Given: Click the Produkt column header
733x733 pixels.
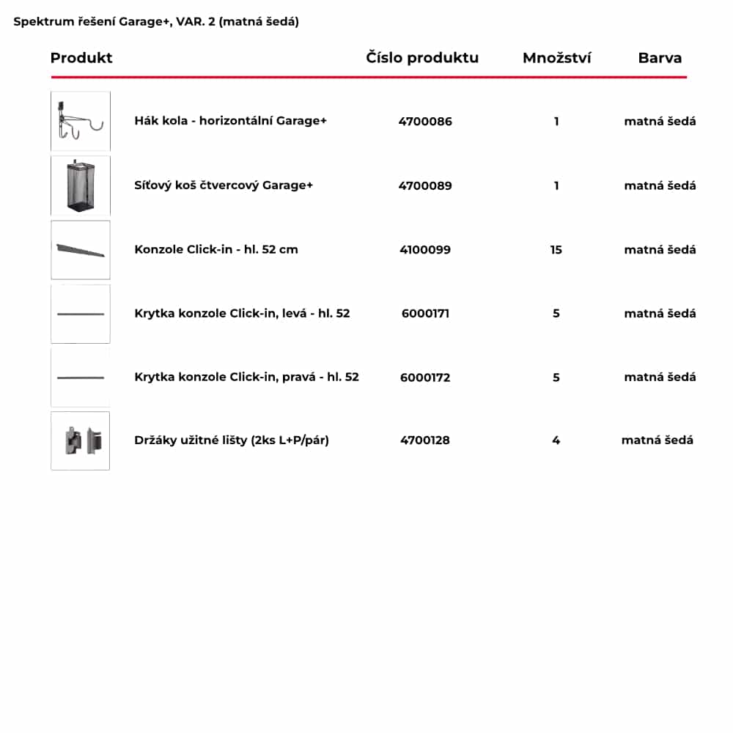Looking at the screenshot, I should tap(81, 58).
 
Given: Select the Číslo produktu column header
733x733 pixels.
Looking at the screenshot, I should tap(422, 58).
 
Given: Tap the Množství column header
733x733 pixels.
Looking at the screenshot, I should tap(556, 58).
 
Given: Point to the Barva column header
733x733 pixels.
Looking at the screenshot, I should tap(660, 58).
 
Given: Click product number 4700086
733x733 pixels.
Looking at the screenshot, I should tap(425, 122).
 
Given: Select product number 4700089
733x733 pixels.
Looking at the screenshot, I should tap(425, 185).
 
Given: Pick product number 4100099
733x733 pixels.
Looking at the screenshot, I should tap(425, 250).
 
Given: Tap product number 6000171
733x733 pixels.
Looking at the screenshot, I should tap(425, 314).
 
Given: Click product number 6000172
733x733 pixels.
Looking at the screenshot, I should tap(425, 377).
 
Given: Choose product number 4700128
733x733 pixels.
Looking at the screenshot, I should tap(425, 441).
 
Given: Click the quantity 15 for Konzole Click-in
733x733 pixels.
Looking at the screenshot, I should tap(556, 250).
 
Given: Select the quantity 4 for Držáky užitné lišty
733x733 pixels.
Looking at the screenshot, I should tap(556, 441).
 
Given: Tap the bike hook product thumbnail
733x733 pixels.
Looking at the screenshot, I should tap(81, 121).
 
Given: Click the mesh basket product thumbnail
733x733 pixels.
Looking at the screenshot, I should tap(81, 185).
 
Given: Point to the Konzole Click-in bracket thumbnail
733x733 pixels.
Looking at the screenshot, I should tap(81, 250).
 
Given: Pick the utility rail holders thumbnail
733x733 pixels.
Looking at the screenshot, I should tap(81, 441).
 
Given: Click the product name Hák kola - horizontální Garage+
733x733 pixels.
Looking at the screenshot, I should tap(230, 121).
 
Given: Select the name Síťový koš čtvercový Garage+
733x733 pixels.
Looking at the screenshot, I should tap(224, 185).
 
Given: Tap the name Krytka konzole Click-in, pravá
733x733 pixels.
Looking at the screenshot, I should tap(246, 377).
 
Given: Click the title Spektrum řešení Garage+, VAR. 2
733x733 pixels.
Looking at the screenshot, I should tap(156, 22).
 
